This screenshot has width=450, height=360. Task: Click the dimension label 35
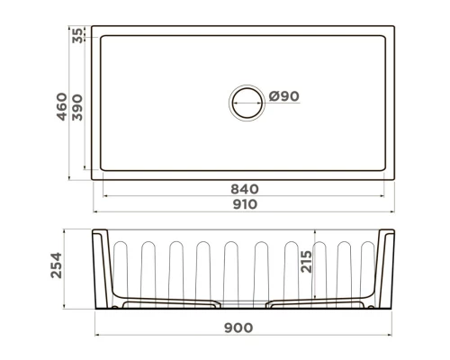77,35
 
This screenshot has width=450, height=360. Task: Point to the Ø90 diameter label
283,96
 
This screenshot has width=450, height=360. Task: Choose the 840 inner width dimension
245,189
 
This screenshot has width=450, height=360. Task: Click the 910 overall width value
245,204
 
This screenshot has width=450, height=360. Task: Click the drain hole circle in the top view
248,102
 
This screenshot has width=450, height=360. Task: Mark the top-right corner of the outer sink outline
399,26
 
